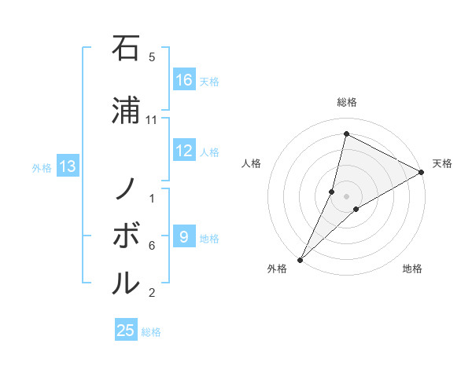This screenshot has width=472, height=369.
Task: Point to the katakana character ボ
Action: [x=127, y=235]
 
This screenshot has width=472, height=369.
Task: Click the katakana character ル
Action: [x=127, y=281]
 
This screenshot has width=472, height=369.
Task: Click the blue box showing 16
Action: [x=184, y=80]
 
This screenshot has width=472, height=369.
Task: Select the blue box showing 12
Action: [x=184, y=151]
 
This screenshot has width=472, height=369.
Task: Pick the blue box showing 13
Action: [x=68, y=166]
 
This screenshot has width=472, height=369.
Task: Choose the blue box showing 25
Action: [x=126, y=331]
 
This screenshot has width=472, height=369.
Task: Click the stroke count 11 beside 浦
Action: [x=152, y=119]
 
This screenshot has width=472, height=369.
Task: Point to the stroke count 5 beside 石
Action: [x=152, y=57]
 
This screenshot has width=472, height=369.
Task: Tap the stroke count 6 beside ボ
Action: [x=152, y=246]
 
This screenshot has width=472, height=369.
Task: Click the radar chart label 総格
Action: [x=347, y=102]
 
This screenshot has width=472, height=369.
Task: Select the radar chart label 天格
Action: [x=442, y=163]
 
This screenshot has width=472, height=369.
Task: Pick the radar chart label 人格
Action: [x=251, y=163]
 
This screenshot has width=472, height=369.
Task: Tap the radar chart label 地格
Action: [x=412, y=269]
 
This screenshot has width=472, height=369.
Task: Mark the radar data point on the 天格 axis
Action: [x=422, y=172]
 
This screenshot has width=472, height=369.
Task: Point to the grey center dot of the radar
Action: [x=347, y=196]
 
